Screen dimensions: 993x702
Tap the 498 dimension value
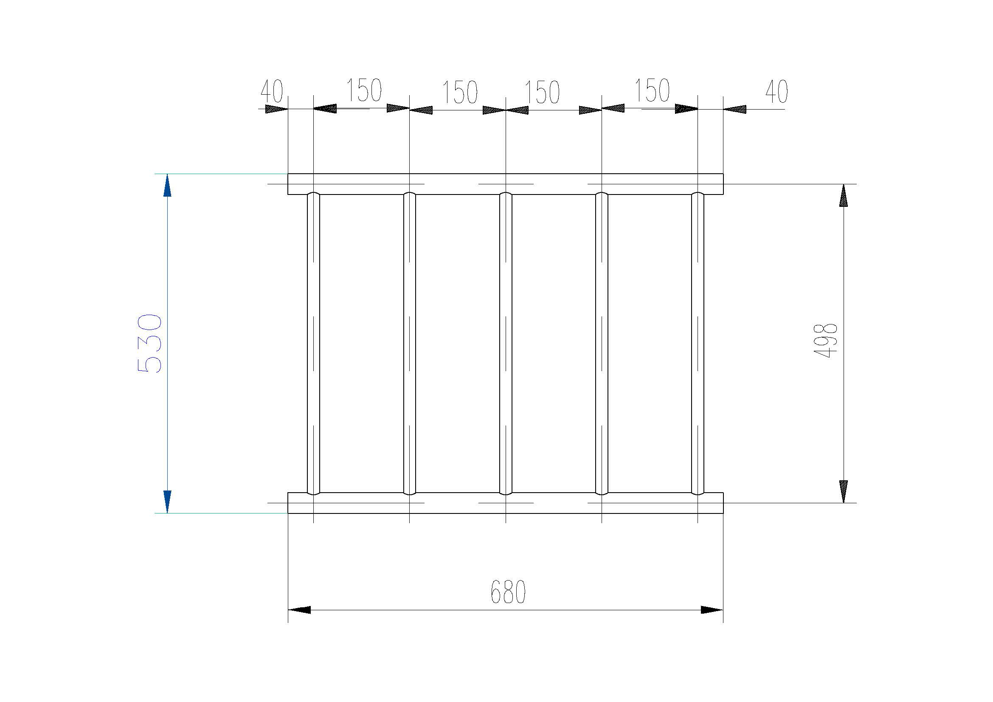tap(826, 341)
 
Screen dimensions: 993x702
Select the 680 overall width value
tap(508, 592)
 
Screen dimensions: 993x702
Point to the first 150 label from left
tap(364, 90)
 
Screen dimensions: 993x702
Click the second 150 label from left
tap(460, 93)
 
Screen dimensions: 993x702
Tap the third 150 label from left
tap(542, 93)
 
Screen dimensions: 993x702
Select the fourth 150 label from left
tap(652, 90)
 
